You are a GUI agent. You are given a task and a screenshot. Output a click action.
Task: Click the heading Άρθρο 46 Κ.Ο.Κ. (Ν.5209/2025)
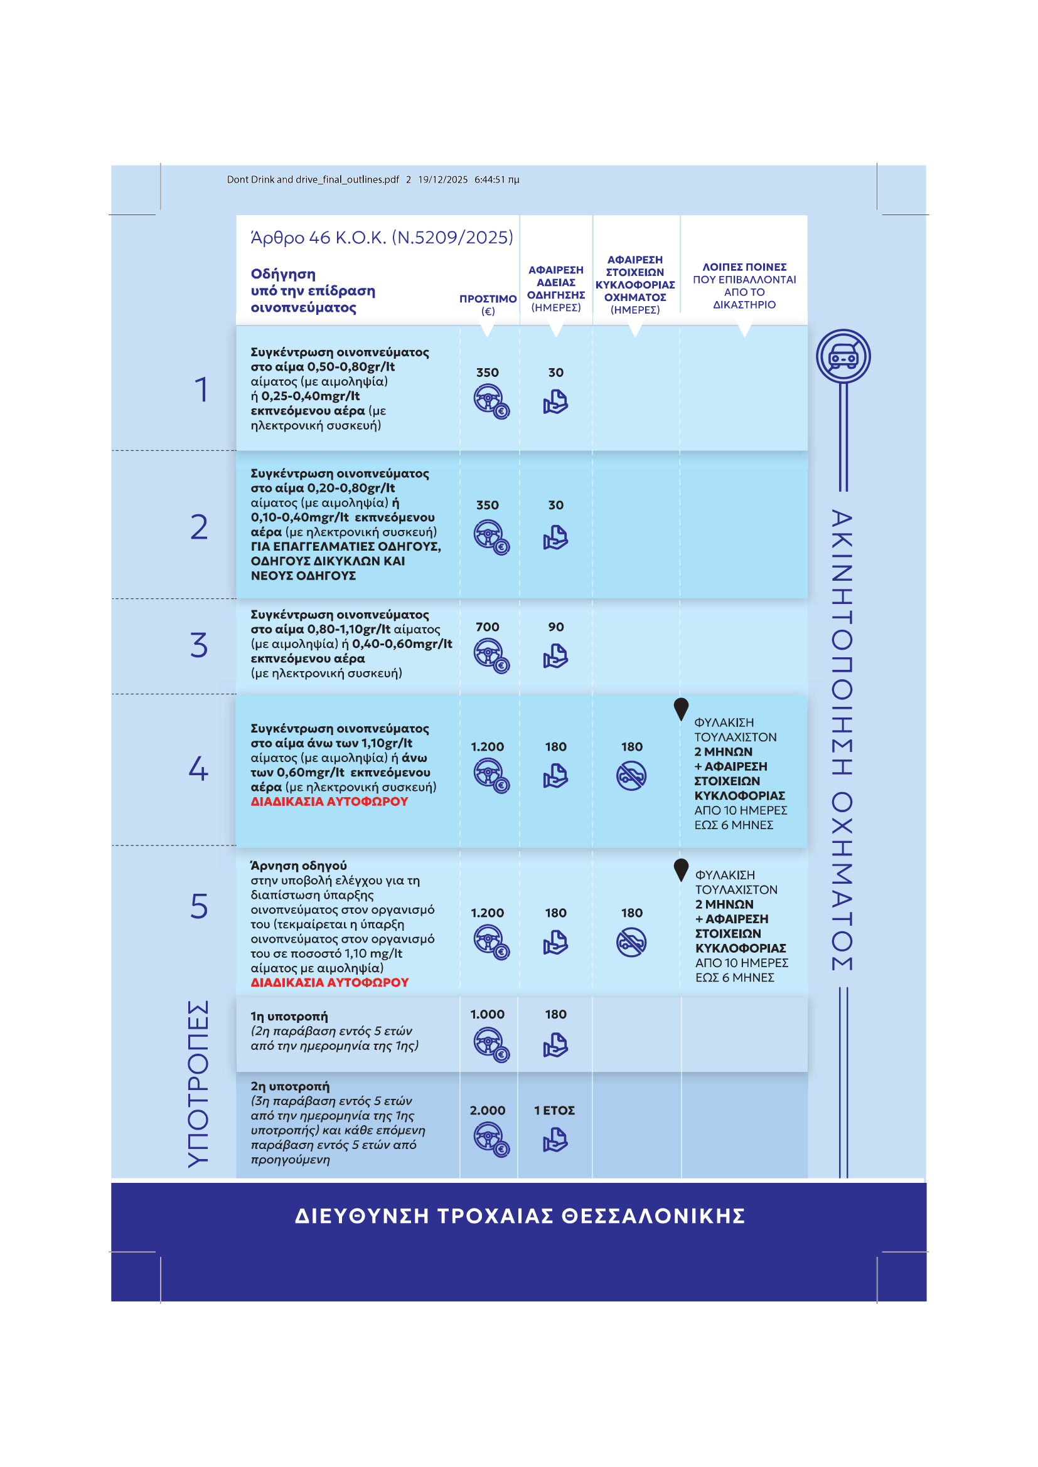click(382, 238)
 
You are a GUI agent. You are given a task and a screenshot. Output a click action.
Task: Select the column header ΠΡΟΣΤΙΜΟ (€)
click(488, 305)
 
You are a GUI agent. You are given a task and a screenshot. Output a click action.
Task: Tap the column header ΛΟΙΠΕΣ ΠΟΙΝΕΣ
click(744, 267)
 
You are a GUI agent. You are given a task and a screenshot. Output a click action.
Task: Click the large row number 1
click(202, 389)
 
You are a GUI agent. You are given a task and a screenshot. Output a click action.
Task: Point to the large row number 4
click(198, 768)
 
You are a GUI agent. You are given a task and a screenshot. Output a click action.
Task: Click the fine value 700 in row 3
click(487, 627)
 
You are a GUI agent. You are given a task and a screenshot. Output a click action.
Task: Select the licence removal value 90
click(555, 627)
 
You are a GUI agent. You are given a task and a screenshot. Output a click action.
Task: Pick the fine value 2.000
click(487, 1111)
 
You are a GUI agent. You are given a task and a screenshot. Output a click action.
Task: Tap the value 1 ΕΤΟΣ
click(554, 1111)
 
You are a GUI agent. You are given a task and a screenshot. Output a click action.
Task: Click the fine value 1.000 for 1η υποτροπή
click(487, 1014)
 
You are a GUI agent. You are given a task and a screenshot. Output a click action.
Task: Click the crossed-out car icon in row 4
click(631, 776)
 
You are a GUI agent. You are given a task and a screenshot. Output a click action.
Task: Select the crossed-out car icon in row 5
click(631, 943)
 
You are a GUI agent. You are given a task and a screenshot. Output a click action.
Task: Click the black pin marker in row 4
click(681, 709)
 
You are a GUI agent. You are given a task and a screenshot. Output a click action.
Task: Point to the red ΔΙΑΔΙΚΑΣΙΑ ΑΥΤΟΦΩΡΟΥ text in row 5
click(329, 982)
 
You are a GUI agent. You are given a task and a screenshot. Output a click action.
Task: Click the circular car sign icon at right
click(843, 356)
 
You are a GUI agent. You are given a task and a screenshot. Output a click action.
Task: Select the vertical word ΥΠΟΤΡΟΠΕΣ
click(198, 1084)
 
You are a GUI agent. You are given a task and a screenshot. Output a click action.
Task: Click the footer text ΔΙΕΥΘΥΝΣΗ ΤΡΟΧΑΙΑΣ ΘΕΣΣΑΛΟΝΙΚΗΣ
click(520, 1215)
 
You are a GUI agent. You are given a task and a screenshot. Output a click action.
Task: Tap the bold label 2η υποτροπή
click(290, 1086)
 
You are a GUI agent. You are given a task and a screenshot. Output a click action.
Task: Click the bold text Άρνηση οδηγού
click(299, 866)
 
